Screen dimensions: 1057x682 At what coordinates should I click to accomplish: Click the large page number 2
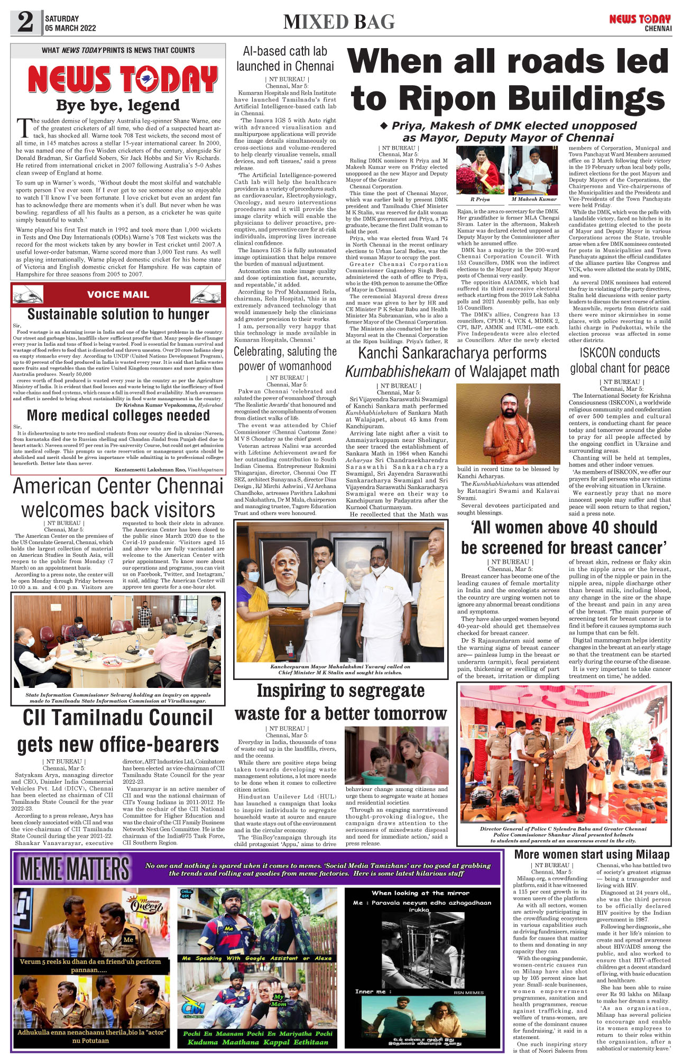[25, 23]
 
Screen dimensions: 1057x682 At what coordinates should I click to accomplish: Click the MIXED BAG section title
[339, 22]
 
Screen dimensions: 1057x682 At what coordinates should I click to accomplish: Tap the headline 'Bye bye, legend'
[118, 105]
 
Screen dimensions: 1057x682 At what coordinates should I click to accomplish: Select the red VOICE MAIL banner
[118, 295]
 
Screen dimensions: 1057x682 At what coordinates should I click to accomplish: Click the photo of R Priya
[480, 170]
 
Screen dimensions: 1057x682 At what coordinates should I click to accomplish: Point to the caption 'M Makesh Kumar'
[534, 199]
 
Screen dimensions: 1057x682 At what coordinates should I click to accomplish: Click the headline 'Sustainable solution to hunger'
[118, 314]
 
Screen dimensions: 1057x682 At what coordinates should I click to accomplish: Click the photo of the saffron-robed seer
[508, 424]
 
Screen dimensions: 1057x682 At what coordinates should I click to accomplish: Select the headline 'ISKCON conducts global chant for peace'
[620, 360]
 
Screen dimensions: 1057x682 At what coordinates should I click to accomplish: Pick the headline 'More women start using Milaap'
[592, 854]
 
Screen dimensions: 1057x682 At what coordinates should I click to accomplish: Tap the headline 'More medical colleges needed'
[118, 416]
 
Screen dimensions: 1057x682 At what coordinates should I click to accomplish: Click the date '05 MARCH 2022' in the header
[70, 29]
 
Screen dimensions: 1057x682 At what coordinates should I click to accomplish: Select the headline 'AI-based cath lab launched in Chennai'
[285, 59]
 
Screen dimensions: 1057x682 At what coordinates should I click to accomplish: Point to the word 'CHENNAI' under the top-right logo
[658, 29]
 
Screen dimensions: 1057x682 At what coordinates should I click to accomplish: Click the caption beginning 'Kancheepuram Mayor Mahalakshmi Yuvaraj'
[340, 669]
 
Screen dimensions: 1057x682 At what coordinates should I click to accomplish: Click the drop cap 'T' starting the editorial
[24, 127]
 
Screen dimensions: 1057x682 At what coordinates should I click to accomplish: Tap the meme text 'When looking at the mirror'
[420, 893]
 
